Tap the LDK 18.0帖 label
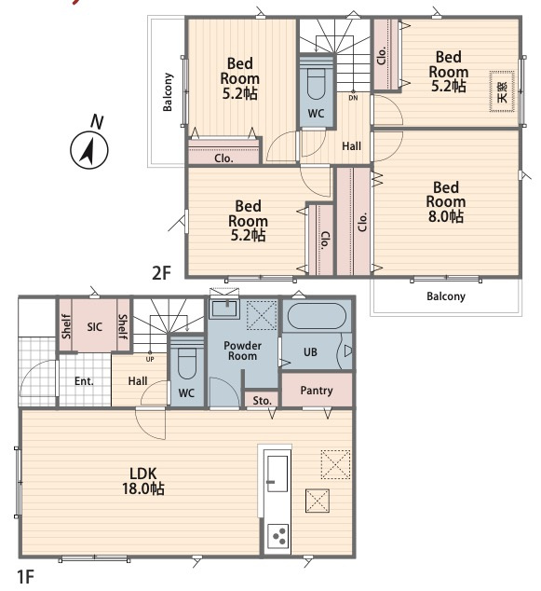click(143, 481)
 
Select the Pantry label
click(317, 391)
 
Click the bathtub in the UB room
click(317, 316)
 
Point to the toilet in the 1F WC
click(186, 358)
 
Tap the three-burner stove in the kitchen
click(278, 536)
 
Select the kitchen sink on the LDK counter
click(277, 473)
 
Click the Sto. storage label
click(262, 400)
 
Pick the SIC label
click(94, 326)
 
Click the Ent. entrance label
click(84, 381)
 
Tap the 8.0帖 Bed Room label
click(446, 202)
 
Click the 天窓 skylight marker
click(502, 91)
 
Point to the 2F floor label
click(161, 272)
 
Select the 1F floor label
click(25, 576)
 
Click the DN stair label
click(353, 98)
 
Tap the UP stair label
click(150, 359)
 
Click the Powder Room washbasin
click(224, 309)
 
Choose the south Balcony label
click(446, 296)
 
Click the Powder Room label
click(242, 350)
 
